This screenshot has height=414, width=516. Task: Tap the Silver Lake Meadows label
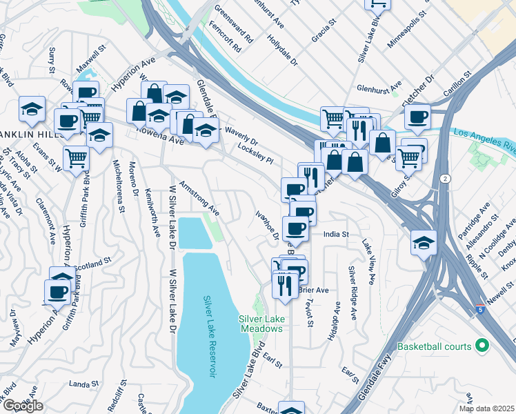[261, 324]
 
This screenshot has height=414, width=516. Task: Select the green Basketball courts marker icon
[482, 346]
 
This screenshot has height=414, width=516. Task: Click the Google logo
[23, 406]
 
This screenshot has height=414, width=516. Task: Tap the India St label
[337, 235]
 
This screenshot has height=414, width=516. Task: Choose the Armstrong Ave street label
[199, 199]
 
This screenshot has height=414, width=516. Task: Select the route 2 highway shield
[446, 179]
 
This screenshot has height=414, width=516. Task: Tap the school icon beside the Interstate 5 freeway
[424, 243]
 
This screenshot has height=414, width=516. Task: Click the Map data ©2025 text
[486, 408]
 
